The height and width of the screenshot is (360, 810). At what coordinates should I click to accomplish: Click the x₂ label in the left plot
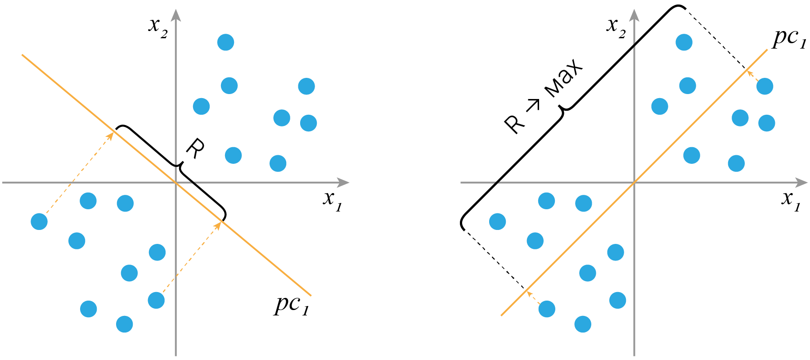click(158, 27)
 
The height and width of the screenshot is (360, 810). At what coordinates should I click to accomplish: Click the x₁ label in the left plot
click(333, 199)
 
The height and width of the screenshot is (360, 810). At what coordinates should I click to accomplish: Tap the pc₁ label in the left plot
click(292, 305)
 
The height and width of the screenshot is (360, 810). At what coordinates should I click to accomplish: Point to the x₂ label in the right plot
click(616, 27)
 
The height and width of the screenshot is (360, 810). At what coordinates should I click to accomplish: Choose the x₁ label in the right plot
click(791, 199)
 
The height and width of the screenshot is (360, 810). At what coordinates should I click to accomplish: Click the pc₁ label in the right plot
click(789, 40)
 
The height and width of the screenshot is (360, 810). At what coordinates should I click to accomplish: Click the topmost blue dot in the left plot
click(226, 42)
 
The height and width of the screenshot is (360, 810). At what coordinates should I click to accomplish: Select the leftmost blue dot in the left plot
click(39, 221)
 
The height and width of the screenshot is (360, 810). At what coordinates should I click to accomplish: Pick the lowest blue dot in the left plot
click(125, 324)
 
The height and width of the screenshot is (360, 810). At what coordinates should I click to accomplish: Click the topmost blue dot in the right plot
click(684, 42)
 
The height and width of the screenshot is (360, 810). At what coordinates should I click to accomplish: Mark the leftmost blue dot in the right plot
click(497, 221)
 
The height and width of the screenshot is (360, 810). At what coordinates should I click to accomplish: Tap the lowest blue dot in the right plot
click(583, 324)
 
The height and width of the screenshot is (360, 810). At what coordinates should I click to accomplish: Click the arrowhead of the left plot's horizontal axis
click(344, 182)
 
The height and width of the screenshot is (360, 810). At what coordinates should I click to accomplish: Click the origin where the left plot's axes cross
click(175, 182)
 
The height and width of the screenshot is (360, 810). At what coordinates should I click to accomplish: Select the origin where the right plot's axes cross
click(634, 182)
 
